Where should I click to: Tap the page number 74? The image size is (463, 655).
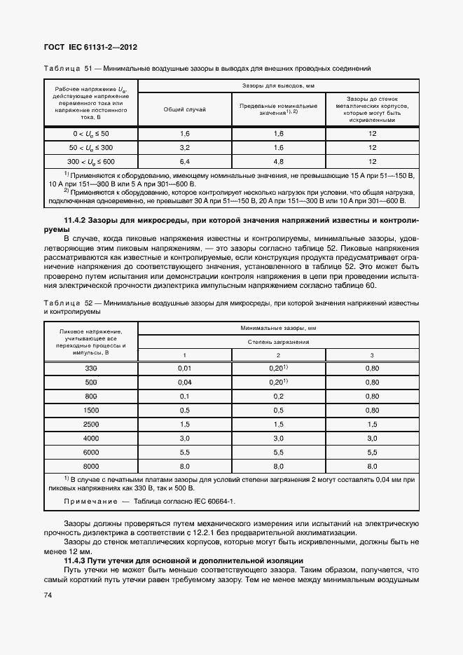[48, 595]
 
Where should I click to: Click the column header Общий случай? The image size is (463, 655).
[185, 109]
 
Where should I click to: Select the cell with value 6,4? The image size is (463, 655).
[185, 162]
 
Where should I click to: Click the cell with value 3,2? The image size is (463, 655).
[185, 148]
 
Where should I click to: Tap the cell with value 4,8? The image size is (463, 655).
[278, 162]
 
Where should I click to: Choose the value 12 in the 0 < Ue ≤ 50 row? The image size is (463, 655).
[372, 133]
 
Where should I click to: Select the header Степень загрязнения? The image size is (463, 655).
[278, 341]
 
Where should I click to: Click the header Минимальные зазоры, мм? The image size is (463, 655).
[278, 327]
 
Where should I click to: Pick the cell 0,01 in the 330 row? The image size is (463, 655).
[185, 368]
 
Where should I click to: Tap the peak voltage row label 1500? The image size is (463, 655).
[91, 410]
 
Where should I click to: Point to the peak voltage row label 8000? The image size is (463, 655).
[91, 466]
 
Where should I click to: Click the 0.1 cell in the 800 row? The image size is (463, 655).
[185, 396]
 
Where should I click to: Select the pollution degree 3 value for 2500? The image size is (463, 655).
[372, 424]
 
